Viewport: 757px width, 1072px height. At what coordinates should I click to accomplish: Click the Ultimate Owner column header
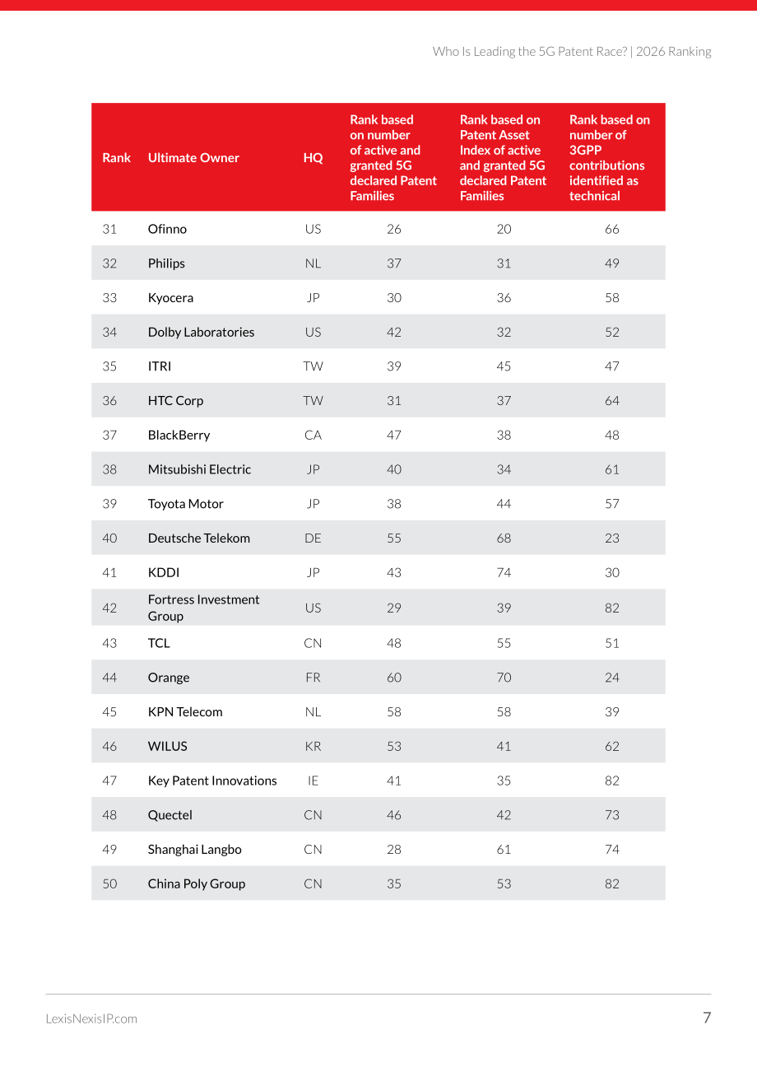pos(193,158)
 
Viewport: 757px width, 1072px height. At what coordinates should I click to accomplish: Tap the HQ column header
pos(313,158)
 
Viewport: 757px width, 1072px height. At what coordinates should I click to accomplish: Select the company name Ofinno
pos(167,229)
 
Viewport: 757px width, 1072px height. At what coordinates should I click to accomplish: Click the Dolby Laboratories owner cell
pos(201,332)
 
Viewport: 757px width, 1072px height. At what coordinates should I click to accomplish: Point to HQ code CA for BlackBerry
pos(313,435)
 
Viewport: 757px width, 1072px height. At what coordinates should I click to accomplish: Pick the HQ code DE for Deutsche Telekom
pos(313,538)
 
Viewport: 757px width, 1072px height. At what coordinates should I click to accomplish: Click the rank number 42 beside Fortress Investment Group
pos(109,608)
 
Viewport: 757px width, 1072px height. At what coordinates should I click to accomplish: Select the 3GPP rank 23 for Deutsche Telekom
pos(611,538)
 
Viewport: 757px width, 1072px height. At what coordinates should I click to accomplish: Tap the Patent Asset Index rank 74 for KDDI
pos(504,572)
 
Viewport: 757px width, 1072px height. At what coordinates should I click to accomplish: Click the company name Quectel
pos(170,815)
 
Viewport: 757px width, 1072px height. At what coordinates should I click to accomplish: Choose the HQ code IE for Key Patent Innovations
pos(313,781)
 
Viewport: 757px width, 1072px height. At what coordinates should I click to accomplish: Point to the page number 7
pos(707,1018)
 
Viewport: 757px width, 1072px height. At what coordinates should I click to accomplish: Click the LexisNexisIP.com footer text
pos(91,1018)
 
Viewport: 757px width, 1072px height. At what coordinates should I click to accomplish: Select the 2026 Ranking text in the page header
pos(673,51)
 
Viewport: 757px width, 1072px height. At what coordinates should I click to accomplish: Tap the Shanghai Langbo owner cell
pos(195,850)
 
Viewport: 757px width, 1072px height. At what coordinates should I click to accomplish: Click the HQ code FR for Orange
pos(313,678)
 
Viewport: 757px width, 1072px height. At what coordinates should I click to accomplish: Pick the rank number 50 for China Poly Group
pos(109,883)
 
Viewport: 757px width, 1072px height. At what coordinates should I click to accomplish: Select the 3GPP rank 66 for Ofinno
pos(611,229)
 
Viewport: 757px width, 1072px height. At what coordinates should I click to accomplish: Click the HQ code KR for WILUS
pos(313,746)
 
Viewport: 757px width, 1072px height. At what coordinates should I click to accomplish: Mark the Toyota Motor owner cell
pos(185,504)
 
